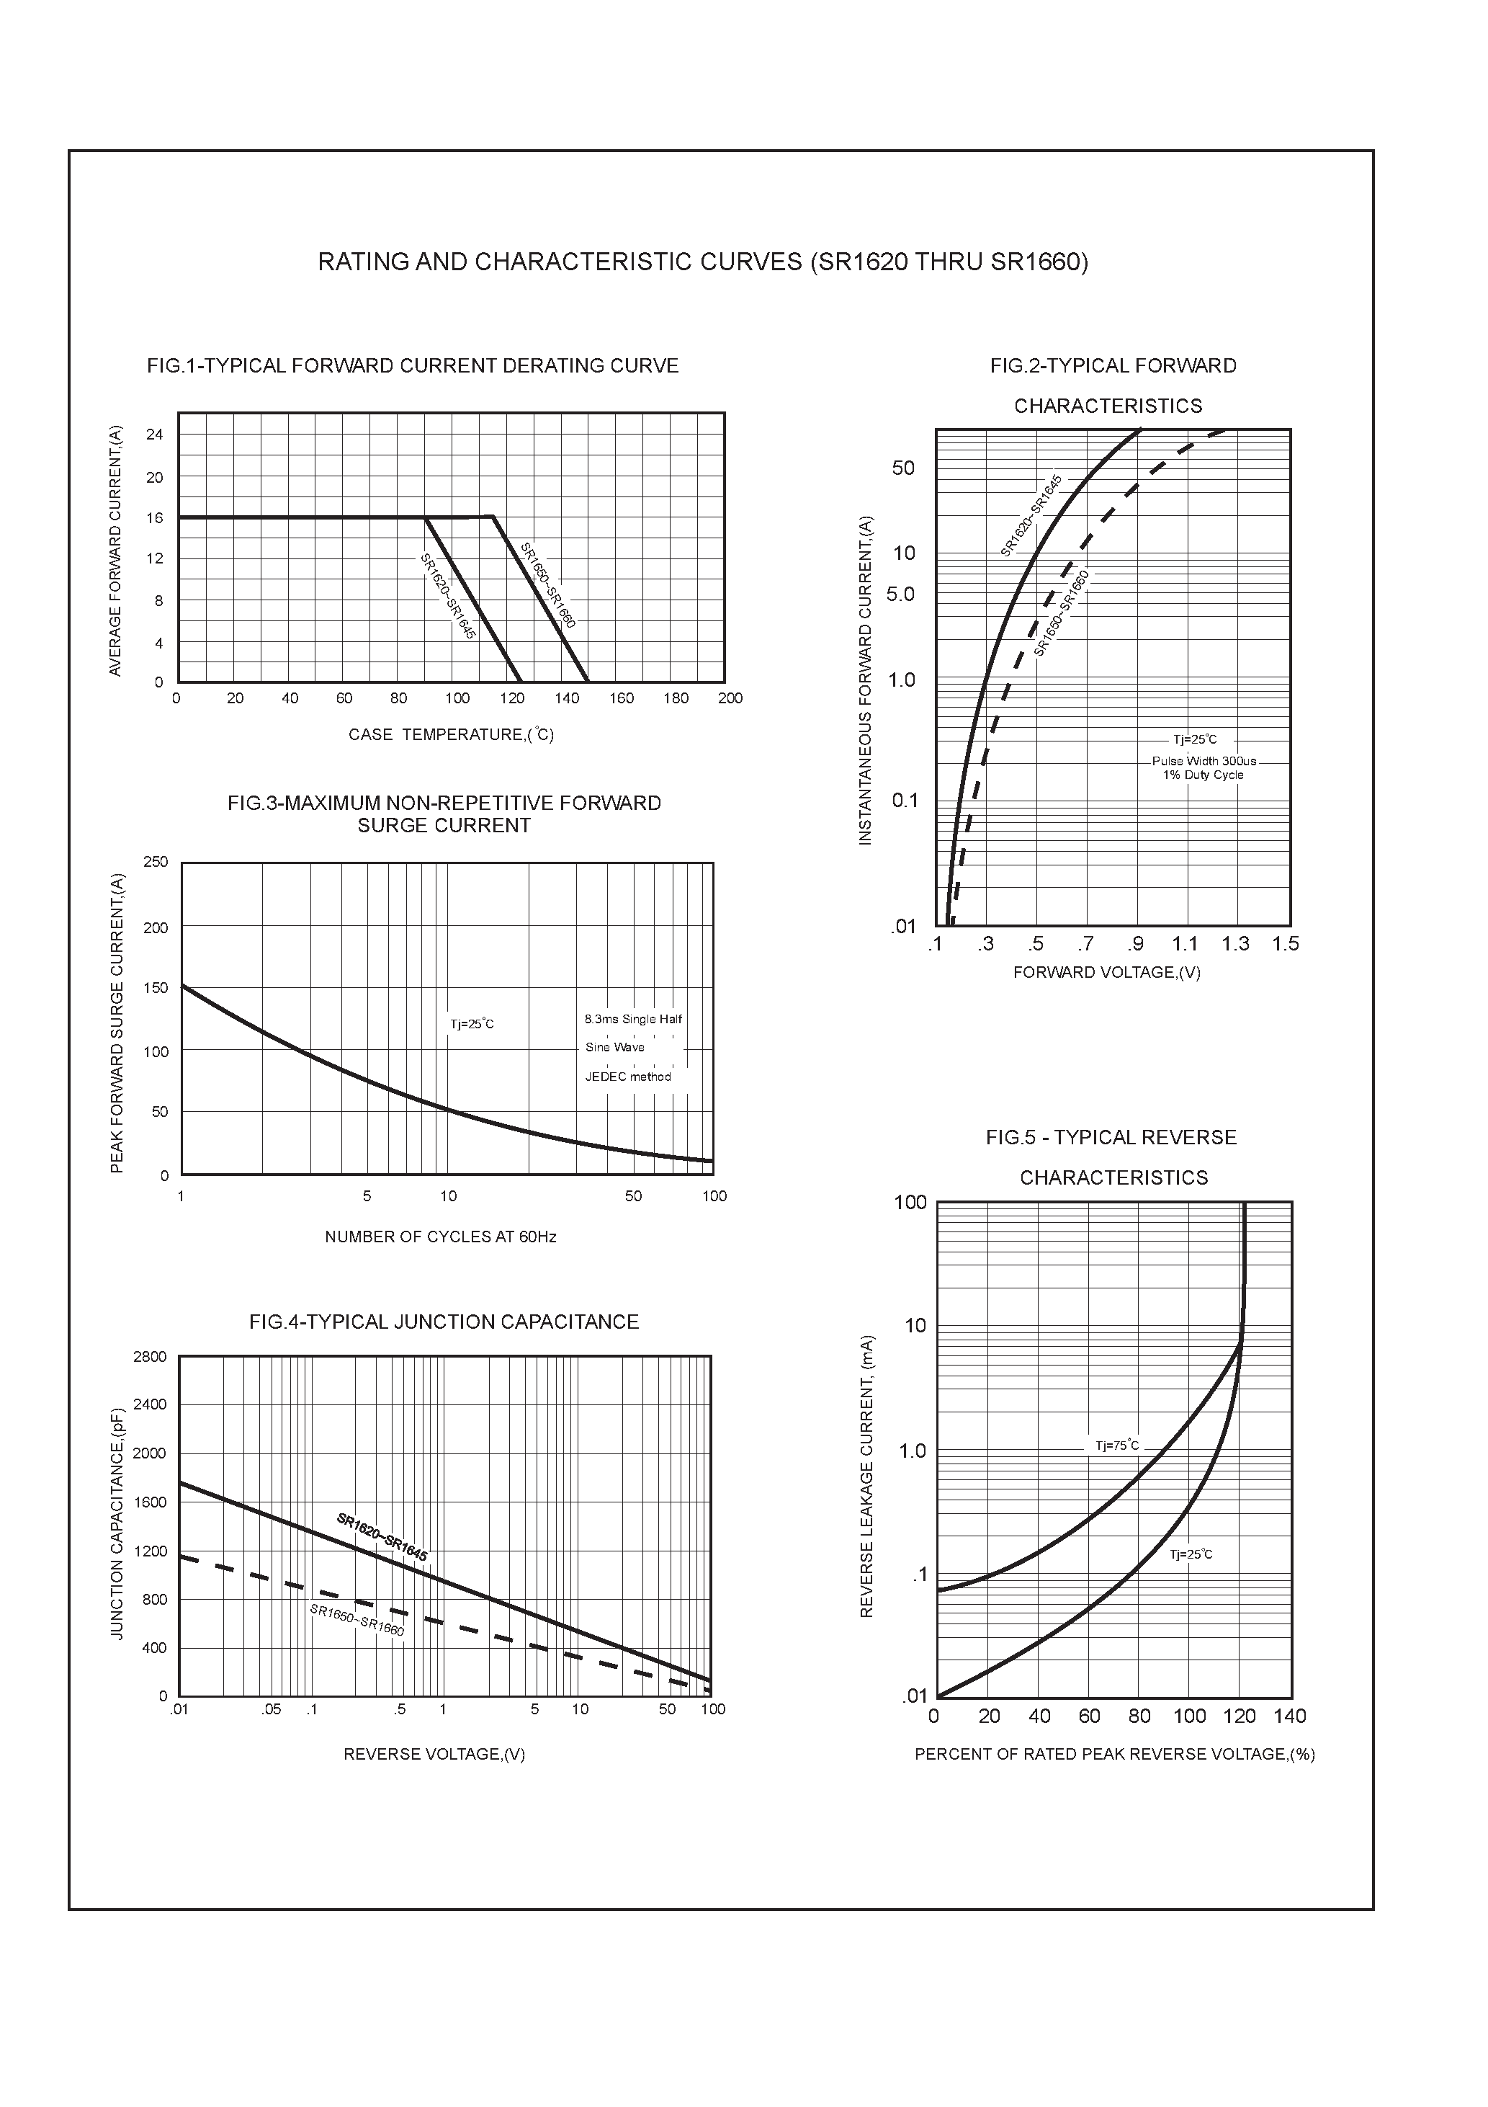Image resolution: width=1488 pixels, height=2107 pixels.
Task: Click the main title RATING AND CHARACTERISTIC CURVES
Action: coord(703,262)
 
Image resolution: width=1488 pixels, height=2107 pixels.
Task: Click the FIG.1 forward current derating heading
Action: coord(413,366)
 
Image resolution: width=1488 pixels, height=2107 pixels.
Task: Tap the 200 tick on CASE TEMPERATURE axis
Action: coord(730,698)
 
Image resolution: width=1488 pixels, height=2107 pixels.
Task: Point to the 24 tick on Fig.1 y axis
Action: coord(154,434)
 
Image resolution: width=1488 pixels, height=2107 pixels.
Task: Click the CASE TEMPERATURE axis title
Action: coord(450,735)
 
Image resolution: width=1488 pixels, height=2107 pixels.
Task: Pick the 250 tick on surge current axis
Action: coord(156,862)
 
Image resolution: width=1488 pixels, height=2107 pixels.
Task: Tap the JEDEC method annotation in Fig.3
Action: coord(629,1077)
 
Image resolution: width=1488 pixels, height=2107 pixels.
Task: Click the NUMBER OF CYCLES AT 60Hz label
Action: coord(440,1237)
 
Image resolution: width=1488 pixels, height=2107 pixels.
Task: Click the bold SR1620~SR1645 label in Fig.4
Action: coord(382,1537)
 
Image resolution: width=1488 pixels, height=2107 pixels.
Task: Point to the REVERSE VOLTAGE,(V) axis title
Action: coord(434,1755)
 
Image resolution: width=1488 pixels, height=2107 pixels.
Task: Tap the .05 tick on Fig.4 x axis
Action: coord(271,1710)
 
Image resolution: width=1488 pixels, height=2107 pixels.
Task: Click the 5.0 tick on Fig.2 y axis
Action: coord(901,594)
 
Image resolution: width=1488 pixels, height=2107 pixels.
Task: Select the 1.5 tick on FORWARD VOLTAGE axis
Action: coord(1286,944)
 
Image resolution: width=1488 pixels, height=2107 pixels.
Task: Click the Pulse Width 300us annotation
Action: coord(1204,761)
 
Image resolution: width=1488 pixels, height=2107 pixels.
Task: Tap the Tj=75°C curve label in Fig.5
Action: coord(1117,1446)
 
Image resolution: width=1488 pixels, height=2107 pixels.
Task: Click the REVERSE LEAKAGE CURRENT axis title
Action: coord(867,1476)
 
